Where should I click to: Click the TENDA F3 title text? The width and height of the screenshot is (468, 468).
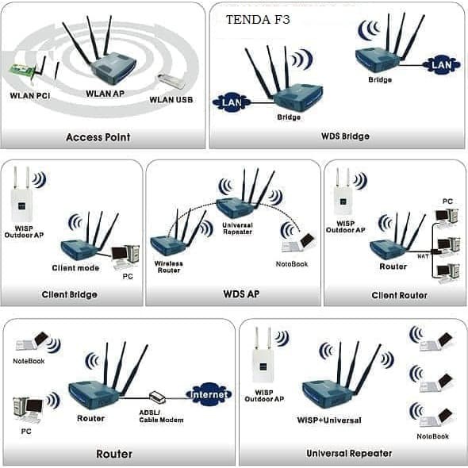pos(258,20)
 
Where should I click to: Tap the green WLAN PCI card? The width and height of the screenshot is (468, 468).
pos(22,72)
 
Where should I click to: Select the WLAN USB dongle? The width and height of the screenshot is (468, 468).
pos(171,81)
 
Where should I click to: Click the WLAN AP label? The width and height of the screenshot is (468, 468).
pos(105,94)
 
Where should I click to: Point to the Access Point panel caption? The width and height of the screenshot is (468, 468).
pos(98,137)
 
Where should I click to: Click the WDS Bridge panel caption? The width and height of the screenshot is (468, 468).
pos(345,136)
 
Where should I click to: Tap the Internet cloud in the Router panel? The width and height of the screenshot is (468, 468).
pos(209,394)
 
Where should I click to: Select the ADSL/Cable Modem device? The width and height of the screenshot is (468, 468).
pos(157,397)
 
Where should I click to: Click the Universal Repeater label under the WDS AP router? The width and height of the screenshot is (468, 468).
pos(238,228)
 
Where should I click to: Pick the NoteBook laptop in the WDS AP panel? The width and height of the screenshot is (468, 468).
pos(298,243)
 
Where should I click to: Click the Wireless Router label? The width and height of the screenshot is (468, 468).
pos(169,267)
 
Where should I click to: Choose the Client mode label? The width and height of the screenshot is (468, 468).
pos(75,268)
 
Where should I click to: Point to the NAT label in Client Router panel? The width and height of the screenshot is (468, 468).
pos(423,256)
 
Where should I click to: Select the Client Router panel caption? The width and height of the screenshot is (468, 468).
pos(399,296)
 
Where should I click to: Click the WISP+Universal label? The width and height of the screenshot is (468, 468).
pos(329,420)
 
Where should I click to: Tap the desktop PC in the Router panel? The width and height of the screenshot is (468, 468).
pos(29,410)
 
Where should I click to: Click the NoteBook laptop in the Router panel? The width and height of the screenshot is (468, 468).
pos(32,341)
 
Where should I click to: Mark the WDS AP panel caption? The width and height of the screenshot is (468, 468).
pos(241,294)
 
